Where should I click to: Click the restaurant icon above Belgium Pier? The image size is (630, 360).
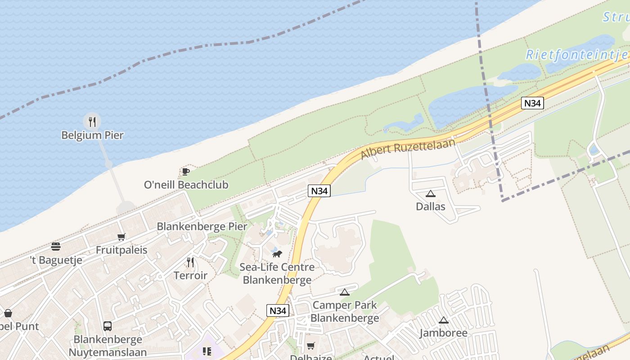click(x=92, y=121)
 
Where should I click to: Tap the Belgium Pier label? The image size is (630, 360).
click(x=92, y=135)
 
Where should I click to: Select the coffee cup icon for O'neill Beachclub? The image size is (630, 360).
click(x=185, y=171)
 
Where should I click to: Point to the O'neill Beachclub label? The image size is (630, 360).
click(x=186, y=184)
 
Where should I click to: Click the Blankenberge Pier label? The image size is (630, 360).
click(x=202, y=226)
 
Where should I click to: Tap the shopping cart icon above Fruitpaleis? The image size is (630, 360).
click(x=121, y=237)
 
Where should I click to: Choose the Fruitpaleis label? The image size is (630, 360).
click(x=121, y=250)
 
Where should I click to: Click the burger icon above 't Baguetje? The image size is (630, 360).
click(x=56, y=247)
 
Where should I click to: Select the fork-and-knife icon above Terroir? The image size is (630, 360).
click(x=190, y=262)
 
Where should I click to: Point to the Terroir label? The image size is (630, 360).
click(x=190, y=275)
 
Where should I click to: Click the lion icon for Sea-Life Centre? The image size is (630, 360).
click(x=277, y=254)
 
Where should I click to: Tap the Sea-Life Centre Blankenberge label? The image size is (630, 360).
click(x=277, y=274)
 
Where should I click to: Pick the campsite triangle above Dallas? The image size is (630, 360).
click(x=431, y=194)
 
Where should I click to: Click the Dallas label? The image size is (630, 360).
click(x=431, y=207)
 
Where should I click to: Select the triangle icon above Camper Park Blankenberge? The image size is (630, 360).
click(x=345, y=292)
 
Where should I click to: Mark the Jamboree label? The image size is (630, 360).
click(x=443, y=333)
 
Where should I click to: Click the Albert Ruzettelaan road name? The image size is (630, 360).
click(x=408, y=148)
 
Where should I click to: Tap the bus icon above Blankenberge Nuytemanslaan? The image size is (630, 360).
click(x=108, y=326)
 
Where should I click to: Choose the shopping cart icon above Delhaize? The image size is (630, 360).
click(x=310, y=346)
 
